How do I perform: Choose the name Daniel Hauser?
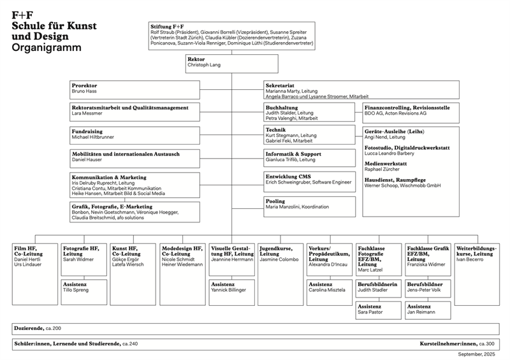click(x=87, y=159)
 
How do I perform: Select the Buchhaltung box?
click(x=309, y=113)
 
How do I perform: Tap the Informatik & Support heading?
click(x=293, y=154)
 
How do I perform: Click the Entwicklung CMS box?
click(x=309, y=179)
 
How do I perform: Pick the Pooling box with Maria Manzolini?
click(x=309, y=204)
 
